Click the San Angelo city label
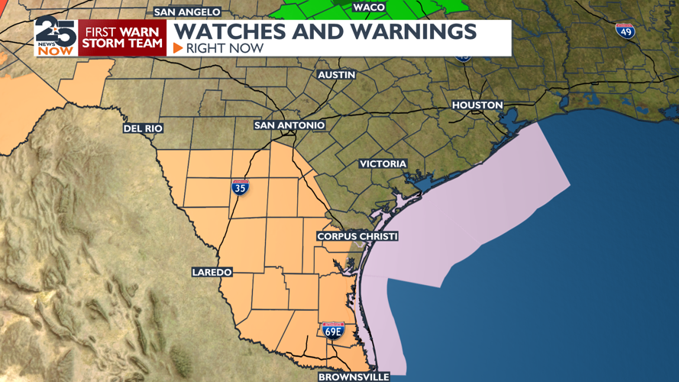coord(187,12)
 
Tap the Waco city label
coord(368,7)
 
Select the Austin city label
coord(337,75)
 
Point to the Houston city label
coord(477,105)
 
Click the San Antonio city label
coord(289,125)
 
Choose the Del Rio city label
coord(143,128)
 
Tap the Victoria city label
coord(383,164)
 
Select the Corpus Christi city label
coord(357,237)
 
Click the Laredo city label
coord(212,272)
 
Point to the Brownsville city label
coord(354,377)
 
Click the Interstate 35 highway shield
coord(240,186)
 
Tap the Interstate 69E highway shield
coord(333,330)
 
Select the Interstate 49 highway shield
coord(625,31)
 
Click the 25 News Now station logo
coord(55,36)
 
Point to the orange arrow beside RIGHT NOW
coord(178,48)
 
